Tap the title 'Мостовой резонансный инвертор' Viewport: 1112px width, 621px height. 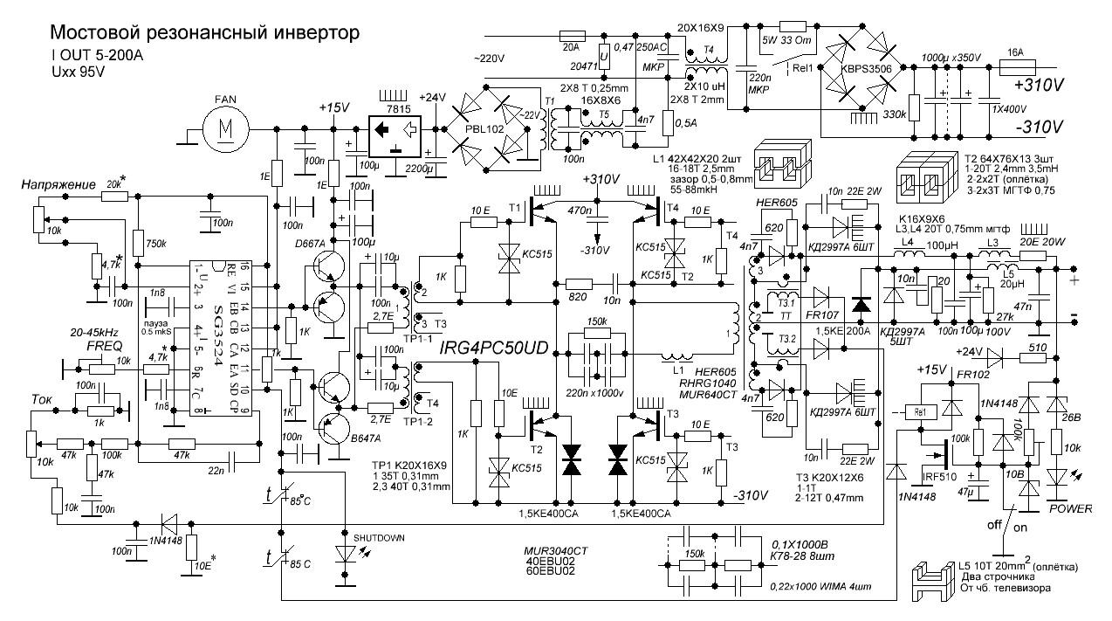tap(204, 34)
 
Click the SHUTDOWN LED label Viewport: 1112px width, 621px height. tap(377, 537)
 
